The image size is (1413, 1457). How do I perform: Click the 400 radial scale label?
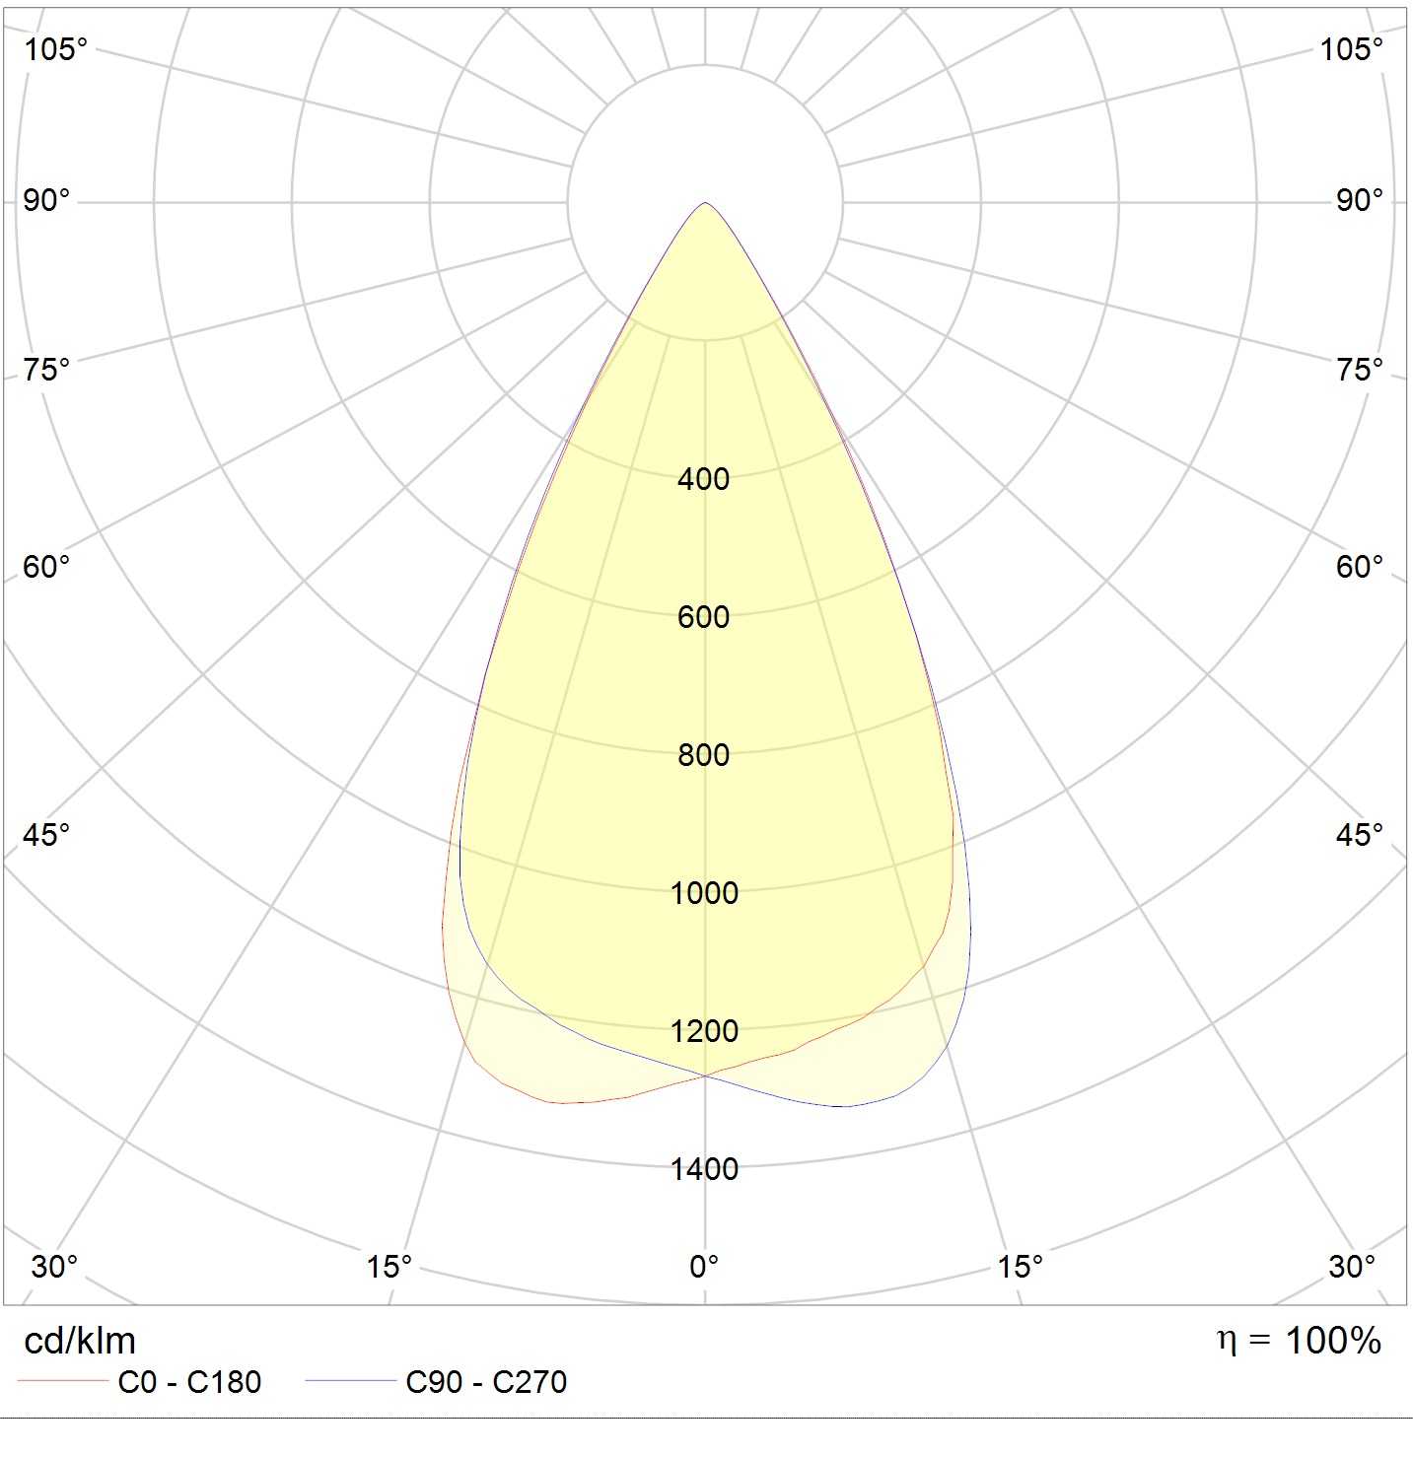[x=703, y=479]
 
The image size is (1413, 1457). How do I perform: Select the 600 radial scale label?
[x=703, y=617]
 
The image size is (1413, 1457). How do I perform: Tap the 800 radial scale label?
[x=703, y=755]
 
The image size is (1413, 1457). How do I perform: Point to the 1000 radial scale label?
[x=704, y=893]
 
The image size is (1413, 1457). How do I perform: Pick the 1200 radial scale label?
[x=704, y=1031]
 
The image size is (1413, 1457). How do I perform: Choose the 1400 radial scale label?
[x=704, y=1169]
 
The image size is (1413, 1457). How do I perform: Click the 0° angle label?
[x=704, y=1266]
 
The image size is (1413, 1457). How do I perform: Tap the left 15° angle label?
[x=389, y=1266]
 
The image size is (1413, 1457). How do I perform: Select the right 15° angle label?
[x=1020, y=1266]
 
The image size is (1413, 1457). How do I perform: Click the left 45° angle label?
[x=46, y=835]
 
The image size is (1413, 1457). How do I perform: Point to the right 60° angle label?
[x=1360, y=567]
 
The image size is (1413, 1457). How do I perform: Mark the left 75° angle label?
[x=46, y=370]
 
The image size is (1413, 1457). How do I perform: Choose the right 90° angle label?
[x=1360, y=201]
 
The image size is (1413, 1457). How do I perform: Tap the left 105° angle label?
[x=56, y=49]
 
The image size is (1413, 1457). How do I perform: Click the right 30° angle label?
[x=1352, y=1266]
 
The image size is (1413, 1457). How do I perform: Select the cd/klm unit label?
[x=80, y=1341]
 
